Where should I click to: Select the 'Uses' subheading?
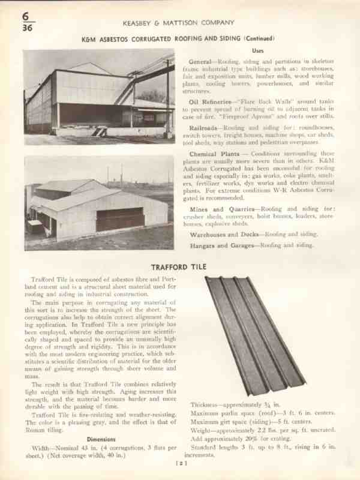pos(258,50)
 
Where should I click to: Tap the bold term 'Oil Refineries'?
pos(211,101)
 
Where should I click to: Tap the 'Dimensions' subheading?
pos(97,439)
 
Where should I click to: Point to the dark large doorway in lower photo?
pos(121,219)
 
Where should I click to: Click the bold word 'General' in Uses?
pos(200,62)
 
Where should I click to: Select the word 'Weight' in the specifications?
pos(202,431)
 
